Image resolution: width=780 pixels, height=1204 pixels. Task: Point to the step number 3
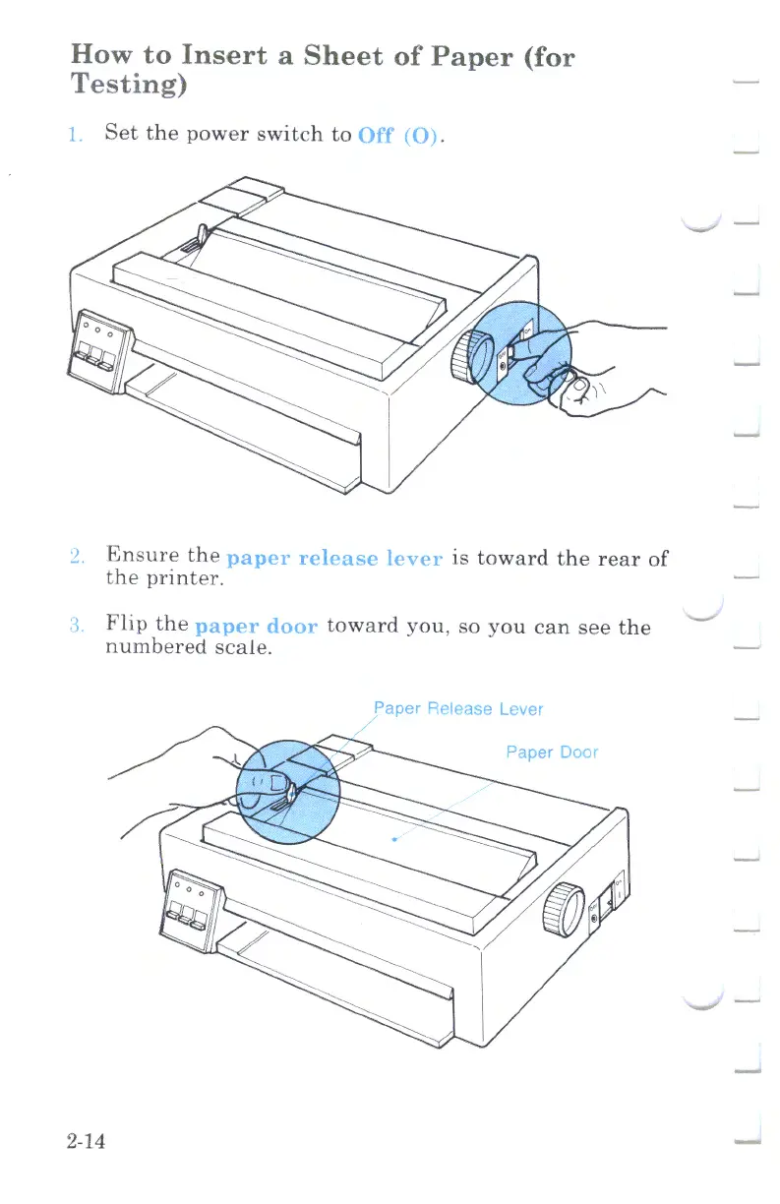tap(79, 628)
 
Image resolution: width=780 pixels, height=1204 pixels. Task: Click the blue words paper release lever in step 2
tap(335, 560)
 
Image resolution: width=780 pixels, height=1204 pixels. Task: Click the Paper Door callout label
tap(551, 752)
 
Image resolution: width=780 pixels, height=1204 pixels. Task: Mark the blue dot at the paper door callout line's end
tap(394, 839)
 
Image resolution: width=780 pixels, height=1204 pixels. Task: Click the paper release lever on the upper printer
tap(201, 236)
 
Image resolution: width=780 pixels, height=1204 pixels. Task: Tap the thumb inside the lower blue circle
tap(279, 783)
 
